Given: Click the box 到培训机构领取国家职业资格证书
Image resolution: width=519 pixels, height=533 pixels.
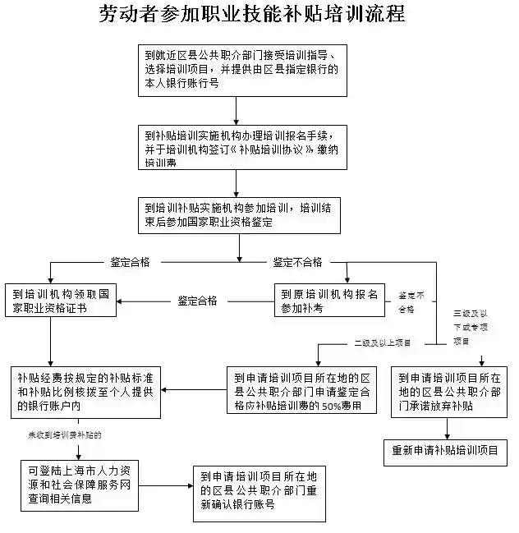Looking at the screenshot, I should [61, 301].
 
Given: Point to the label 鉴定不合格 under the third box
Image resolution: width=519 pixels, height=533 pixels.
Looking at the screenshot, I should [298, 263].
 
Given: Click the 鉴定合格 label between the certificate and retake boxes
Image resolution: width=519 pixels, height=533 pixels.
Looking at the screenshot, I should [198, 301].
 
